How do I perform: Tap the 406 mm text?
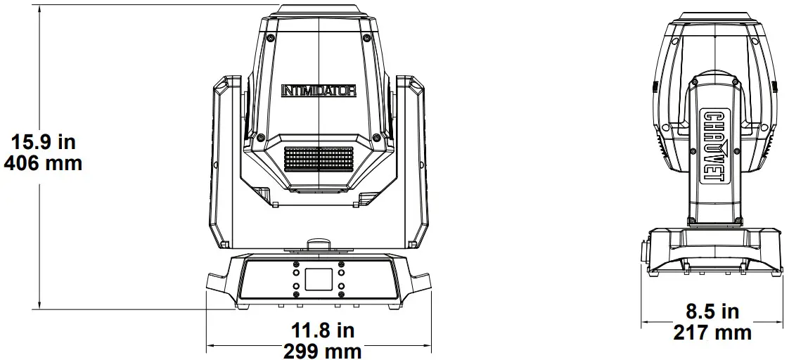tap(44, 163)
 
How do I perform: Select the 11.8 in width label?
tap(323, 330)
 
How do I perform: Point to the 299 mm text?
tap(323, 351)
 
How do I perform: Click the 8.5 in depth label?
tap(712, 311)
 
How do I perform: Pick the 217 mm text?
tap(712, 332)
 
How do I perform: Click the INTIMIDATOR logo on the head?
tap(319, 91)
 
